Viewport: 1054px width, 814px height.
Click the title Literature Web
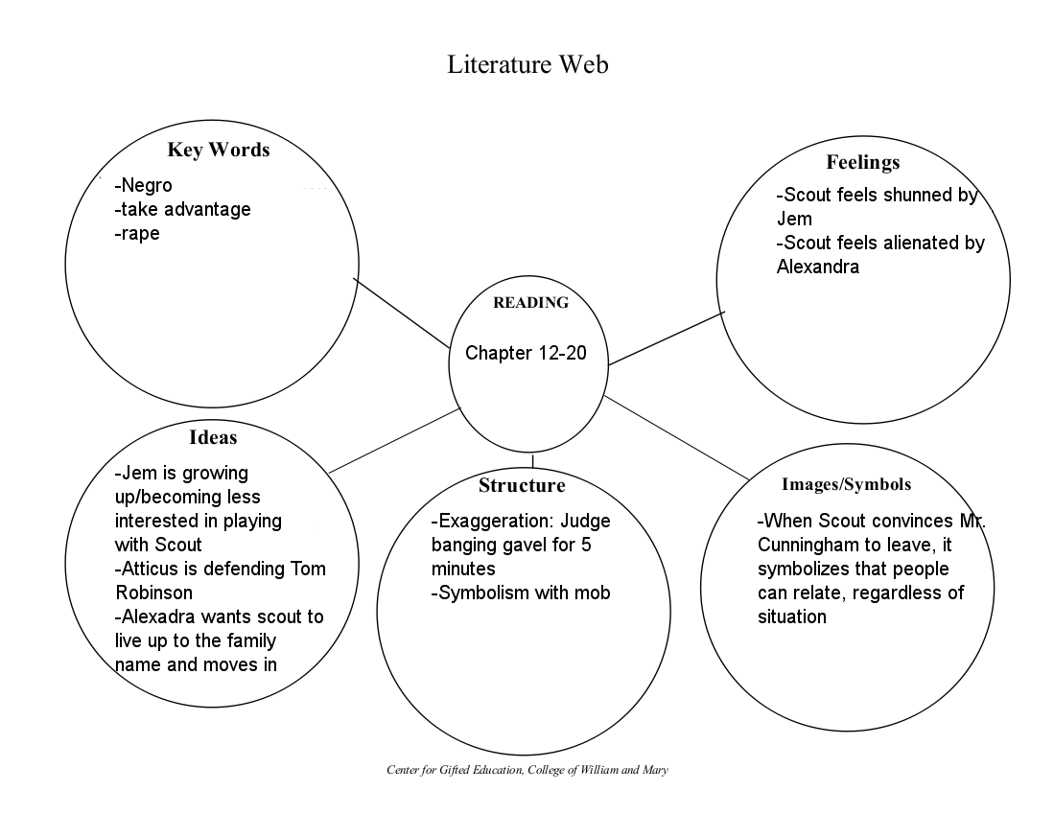[x=527, y=64]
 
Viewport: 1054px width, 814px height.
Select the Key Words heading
[x=218, y=150]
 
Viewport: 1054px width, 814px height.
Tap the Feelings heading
[x=862, y=162]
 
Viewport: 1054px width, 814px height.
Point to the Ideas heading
[x=213, y=437]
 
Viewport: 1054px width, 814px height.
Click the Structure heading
[x=522, y=485]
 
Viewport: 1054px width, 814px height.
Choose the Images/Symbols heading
[x=846, y=484]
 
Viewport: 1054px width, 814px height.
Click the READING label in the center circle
[x=530, y=303]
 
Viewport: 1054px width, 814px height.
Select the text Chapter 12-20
[x=525, y=353]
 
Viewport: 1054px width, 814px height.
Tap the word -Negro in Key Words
[x=143, y=186]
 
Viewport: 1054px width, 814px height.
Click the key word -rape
[x=137, y=232]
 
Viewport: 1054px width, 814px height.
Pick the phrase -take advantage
[x=182, y=209]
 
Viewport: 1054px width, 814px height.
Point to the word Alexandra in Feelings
[x=817, y=267]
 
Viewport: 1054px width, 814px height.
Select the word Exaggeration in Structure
[x=493, y=522]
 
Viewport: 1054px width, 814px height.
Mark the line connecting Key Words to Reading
[x=402, y=313]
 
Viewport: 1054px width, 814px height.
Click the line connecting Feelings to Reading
[x=667, y=338]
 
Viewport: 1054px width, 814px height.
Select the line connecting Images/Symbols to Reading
[x=676, y=437]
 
